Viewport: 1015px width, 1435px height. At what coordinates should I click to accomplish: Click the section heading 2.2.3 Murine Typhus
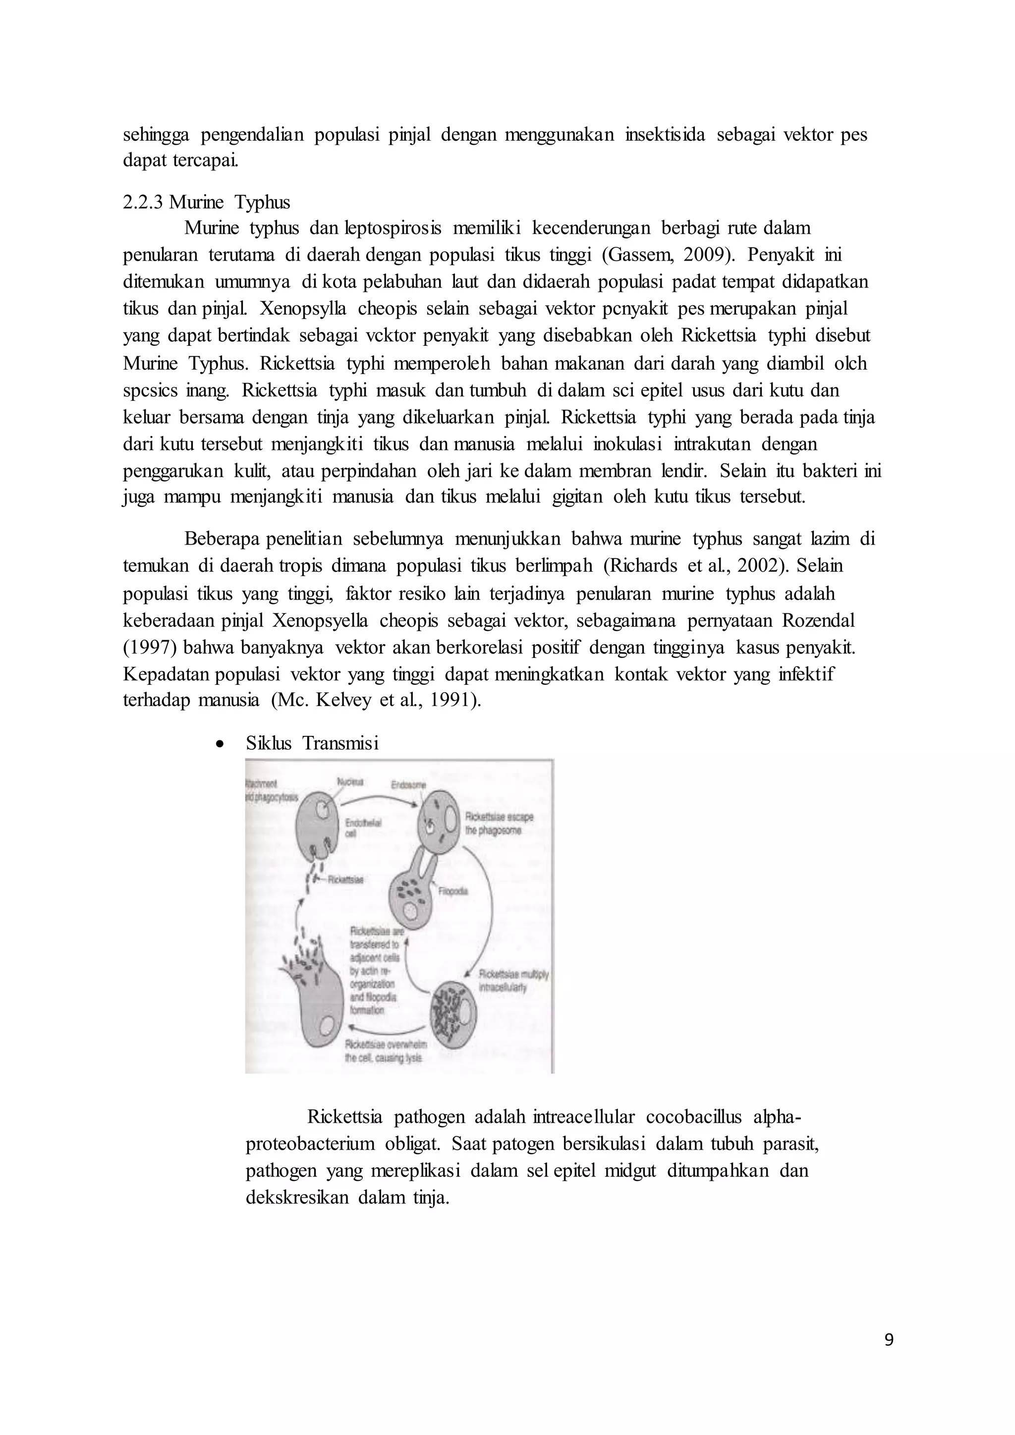(206, 203)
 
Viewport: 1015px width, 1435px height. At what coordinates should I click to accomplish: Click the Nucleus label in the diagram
(350, 782)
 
